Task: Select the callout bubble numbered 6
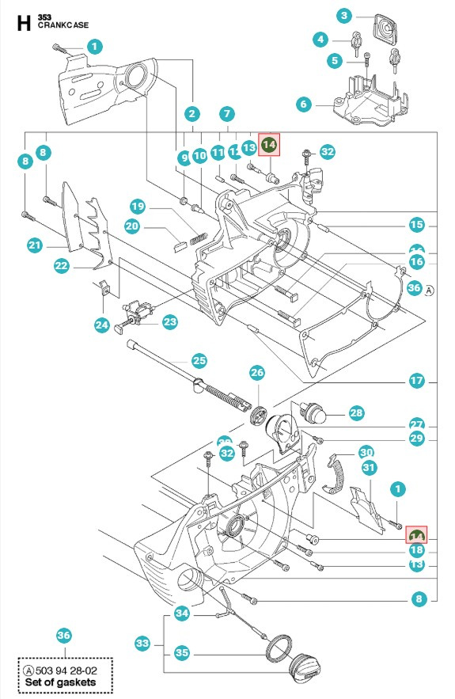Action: pyautogui.click(x=303, y=104)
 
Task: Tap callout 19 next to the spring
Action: pyautogui.click(x=138, y=207)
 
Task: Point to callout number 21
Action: pyautogui.click(x=34, y=246)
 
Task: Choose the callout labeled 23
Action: pyautogui.click(x=170, y=321)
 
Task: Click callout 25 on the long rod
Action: pyautogui.click(x=199, y=360)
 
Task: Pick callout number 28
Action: pyautogui.click(x=356, y=412)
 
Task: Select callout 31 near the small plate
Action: pyautogui.click(x=369, y=468)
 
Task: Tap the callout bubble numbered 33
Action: pyautogui.click(x=143, y=643)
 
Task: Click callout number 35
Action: pyautogui.click(x=182, y=653)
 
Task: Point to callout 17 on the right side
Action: pyautogui.click(x=416, y=381)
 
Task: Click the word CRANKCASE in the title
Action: pyautogui.click(x=63, y=25)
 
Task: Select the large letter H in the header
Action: pyautogui.click(x=25, y=21)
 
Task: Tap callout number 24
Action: pyautogui.click(x=101, y=324)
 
